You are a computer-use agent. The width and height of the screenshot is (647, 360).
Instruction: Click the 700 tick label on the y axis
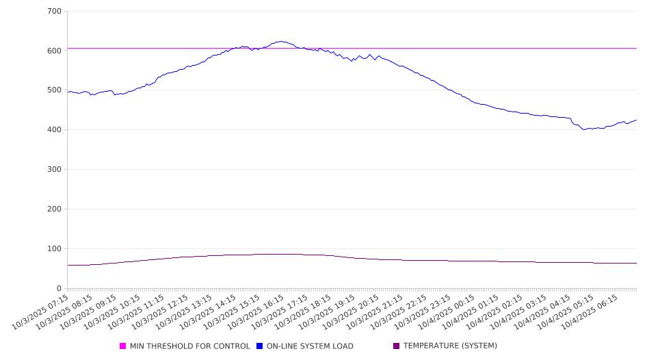pyautogui.click(x=54, y=12)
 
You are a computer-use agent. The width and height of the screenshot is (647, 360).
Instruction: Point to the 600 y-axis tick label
pyautogui.click(x=54, y=51)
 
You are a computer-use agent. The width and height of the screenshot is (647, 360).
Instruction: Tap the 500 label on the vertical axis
pyautogui.click(x=54, y=90)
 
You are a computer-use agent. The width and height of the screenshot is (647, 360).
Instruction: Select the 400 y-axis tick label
pyautogui.click(x=54, y=130)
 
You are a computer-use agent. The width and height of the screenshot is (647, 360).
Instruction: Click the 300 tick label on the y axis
pyautogui.click(x=54, y=170)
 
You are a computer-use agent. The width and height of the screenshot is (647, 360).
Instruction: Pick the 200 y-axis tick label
pyautogui.click(x=54, y=209)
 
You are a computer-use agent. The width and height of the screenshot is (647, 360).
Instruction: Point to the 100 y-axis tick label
pyautogui.click(x=54, y=249)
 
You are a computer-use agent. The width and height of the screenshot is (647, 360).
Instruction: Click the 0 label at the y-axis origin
pyautogui.click(x=59, y=289)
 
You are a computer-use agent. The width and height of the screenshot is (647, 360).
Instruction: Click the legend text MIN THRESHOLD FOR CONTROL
pyautogui.click(x=189, y=346)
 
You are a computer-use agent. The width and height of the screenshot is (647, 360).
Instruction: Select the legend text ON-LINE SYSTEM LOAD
pyautogui.click(x=310, y=346)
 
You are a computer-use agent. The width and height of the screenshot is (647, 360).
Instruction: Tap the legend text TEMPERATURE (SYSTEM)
pyautogui.click(x=450, y=346)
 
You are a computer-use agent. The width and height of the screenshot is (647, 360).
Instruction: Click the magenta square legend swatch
pyautogui.click(x=123, y=346)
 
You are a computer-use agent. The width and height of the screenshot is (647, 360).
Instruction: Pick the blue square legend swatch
pyautogui.click(x=260, y=346)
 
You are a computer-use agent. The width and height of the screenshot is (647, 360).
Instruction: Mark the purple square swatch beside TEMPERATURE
pyautogui.click(x=397, y=346)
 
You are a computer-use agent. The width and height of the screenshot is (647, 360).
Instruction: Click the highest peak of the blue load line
pyautogui.click(x=280, y=41)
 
